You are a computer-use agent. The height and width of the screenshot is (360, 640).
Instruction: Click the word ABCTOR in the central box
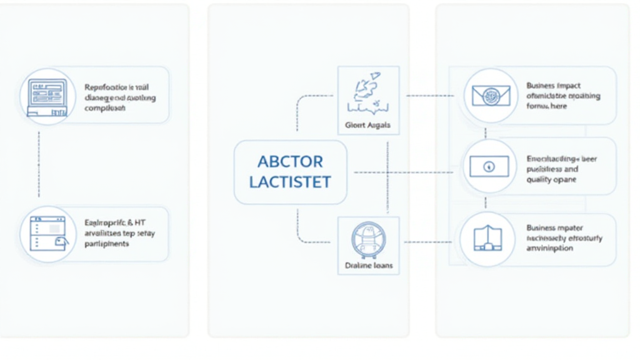point(290,161)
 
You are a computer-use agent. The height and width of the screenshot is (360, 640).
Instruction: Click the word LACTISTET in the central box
point(290,182)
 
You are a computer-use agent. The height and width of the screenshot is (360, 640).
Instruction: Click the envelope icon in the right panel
point(490,96)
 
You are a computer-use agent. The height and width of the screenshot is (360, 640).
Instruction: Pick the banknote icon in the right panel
point(489,166)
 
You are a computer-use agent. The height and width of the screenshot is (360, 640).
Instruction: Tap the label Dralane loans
point(368,265)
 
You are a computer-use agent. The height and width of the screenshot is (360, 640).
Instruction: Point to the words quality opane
point(551,180)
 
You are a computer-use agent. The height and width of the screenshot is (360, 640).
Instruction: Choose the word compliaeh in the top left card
point(104,108)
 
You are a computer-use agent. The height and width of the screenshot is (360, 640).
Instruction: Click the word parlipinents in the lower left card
point(106,244)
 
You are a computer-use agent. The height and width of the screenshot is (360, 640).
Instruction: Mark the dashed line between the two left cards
point(39,164)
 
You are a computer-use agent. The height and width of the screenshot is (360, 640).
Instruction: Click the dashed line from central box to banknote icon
point(406,171)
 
